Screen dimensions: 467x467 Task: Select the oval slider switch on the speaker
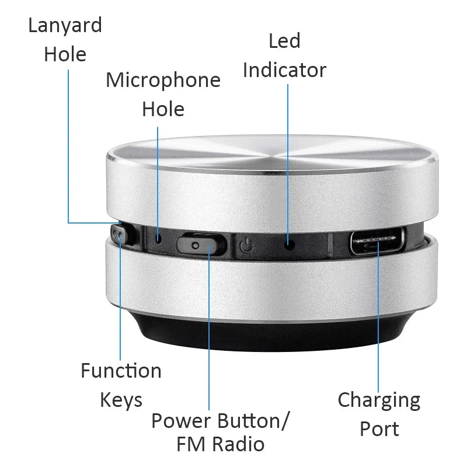tap(201, 243)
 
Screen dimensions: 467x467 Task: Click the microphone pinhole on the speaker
tap(158, 238)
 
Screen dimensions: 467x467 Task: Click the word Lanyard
tap(65, 26)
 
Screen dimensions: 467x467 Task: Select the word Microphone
tap(163, 80)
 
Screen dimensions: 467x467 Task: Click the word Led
tap(284, 41)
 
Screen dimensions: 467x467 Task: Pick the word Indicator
tap(284, 70)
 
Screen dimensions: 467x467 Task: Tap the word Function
tap(121, 371)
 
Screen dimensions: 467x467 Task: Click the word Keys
tap(121, 400)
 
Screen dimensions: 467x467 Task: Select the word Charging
tap(379, 400)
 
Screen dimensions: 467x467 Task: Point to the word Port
tap(379, 429)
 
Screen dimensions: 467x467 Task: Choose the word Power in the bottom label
tap(182, 420)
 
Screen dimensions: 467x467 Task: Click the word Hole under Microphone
tap(163, 109)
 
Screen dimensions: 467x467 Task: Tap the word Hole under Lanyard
tap(65, 55)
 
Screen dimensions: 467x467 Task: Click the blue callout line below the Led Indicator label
tap(288, 158)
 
